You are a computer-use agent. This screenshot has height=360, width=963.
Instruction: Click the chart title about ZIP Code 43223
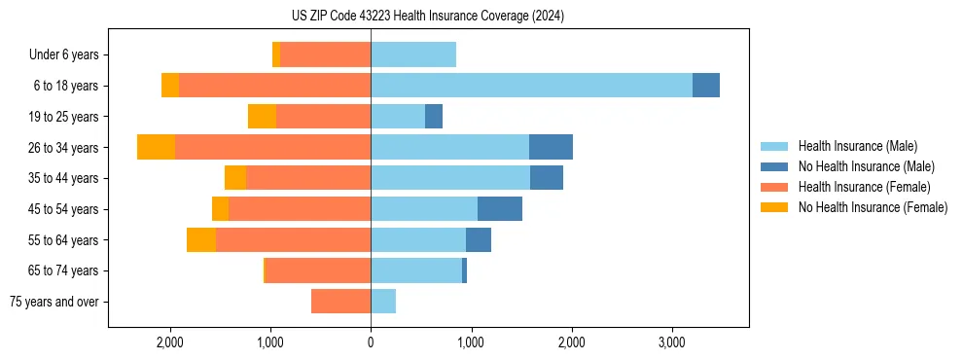pos(428,17)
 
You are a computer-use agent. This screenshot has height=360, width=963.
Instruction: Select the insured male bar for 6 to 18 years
pos(531,86)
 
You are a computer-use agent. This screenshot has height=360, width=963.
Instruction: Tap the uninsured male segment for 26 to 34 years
pos(551,147)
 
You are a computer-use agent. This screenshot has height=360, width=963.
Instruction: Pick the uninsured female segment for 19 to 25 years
pos(262,117)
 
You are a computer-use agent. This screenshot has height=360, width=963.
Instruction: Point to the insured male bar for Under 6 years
pos(413,54)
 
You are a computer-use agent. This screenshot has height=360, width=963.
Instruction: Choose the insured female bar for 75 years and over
pos(340,302)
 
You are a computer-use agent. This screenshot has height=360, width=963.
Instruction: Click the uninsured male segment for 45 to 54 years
pos(500,209)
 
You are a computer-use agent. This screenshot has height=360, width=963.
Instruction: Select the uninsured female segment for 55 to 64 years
pos(201,240)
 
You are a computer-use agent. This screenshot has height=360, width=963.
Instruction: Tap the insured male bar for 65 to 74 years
pos(416,270)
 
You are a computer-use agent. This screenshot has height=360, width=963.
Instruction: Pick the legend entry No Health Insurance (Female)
pos(873,207)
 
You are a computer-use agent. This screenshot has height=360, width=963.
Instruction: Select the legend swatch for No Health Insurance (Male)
pos(775,166)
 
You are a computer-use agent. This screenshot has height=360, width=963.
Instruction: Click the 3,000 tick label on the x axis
pos(672,342)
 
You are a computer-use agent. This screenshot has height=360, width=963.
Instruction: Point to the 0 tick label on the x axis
pos(371,342)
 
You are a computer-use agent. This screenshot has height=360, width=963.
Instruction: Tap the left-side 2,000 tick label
pos(170,342)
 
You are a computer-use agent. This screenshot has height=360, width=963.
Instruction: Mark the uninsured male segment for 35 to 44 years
pos(547,178)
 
